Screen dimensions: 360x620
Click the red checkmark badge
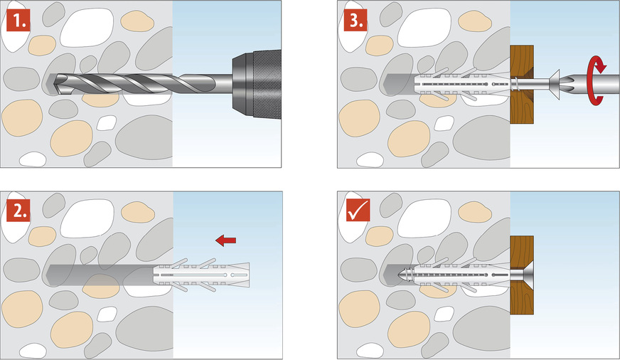tap(356, 211)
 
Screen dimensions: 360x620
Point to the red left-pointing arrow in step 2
tap(225, 241)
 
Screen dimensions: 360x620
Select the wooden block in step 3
tap(522, 85)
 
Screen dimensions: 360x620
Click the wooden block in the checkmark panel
tap(522, 275)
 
